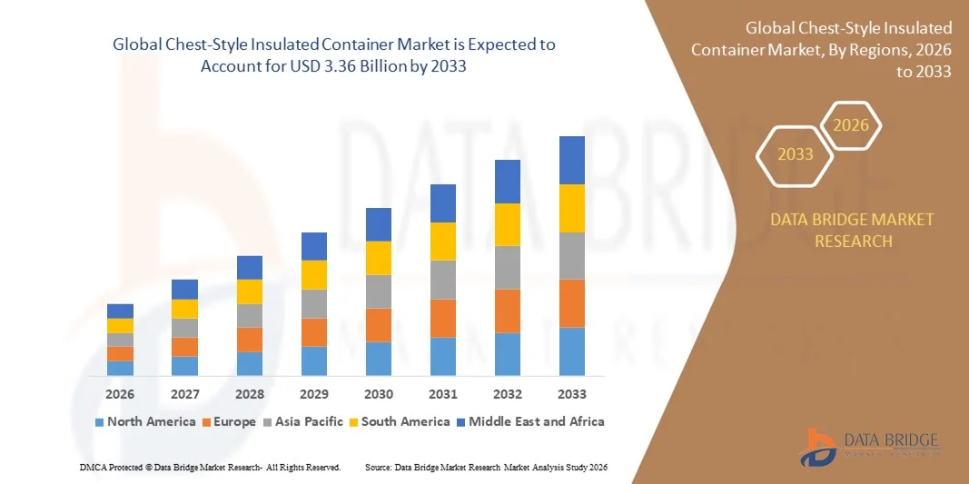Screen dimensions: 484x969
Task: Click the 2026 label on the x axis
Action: (120, 394)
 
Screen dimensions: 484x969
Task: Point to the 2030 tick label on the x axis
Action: (379, 394)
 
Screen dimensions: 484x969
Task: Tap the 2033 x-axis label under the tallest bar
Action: (572, 394)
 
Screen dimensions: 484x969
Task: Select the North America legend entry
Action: (144, 421)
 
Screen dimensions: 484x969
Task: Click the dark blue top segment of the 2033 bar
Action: (572, 160)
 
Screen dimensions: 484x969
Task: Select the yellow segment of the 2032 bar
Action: (508, 224)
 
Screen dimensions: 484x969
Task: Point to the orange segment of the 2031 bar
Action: (443, 318)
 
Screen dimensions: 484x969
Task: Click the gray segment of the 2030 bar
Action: (379, 291)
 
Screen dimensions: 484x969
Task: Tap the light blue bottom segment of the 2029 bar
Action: (314, 361)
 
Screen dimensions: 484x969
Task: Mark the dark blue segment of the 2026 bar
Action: (120, 311)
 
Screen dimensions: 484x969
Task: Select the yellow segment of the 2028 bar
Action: (250, 291)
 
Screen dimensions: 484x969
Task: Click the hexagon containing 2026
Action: (851, 126)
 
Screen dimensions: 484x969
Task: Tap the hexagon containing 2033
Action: (796, 154)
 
